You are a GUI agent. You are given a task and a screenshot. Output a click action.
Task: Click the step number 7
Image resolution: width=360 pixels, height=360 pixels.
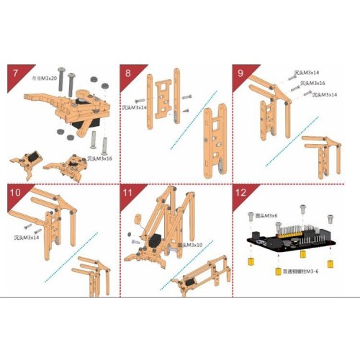[x=14, y=73]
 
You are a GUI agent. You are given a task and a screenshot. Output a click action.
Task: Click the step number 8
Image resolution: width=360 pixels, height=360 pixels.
[x=127, y=73]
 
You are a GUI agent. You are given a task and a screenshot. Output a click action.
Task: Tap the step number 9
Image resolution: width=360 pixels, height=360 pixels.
[x=241, y=73]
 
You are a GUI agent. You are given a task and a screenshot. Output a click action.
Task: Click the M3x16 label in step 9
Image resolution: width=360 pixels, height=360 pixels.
[x=313, y=84]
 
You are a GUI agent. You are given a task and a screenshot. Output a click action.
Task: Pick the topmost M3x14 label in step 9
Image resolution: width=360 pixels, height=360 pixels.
[x=307, y=73]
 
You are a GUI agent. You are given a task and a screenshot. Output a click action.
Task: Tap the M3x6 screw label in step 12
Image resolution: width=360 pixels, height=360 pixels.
[x=266, y=216]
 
